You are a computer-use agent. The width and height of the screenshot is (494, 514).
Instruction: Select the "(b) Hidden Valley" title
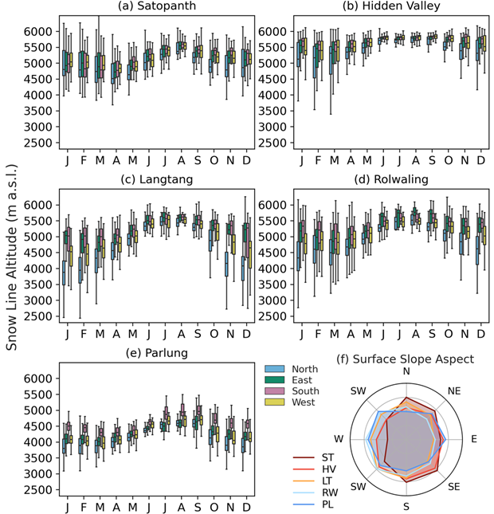tap(391, 8)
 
